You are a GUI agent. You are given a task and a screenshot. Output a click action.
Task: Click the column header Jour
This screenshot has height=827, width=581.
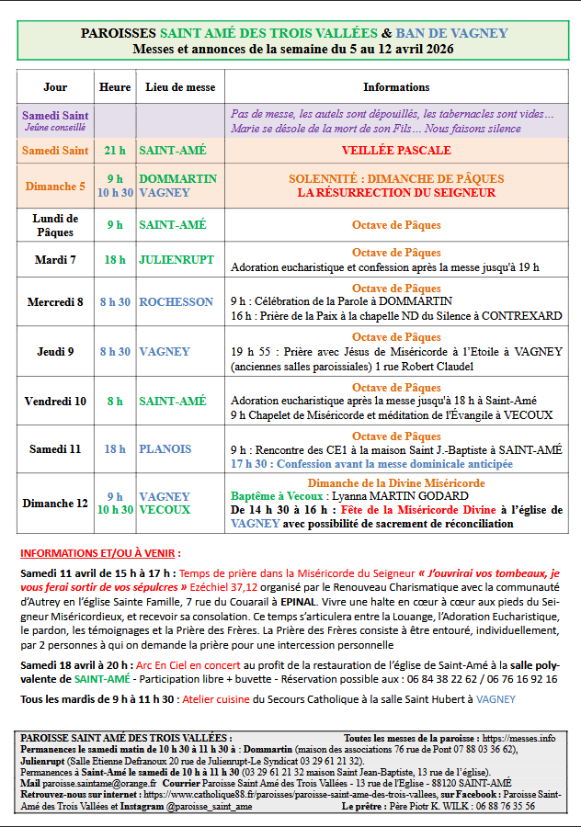pos(55,87)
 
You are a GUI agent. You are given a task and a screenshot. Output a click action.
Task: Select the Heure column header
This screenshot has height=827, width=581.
pos(115,87)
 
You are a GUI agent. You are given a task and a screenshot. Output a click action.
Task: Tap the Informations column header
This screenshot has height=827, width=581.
pos(396,87)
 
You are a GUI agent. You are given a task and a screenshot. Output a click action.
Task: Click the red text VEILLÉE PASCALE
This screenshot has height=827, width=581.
pos(396,150)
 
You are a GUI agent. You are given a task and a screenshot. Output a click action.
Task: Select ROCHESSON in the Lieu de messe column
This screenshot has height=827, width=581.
pos(176,301)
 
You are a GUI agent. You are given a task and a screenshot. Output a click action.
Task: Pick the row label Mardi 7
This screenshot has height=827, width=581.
pos(55,260)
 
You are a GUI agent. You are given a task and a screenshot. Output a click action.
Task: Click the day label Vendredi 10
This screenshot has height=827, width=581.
pos(55,402)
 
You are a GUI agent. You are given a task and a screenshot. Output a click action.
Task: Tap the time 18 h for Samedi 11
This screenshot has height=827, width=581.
pos(115,449)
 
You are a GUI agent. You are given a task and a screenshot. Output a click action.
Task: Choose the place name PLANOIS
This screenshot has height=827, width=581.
pos(165,449)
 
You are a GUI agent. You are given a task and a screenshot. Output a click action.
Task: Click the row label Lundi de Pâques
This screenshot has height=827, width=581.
pos(55,225)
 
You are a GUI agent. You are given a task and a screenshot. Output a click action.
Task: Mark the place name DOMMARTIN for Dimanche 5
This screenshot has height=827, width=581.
pos(177,179)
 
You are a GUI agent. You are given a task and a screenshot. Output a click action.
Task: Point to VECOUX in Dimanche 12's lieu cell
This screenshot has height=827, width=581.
pos(165,510)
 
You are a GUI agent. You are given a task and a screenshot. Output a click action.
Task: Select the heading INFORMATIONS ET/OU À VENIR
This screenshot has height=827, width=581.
pos(100,554)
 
